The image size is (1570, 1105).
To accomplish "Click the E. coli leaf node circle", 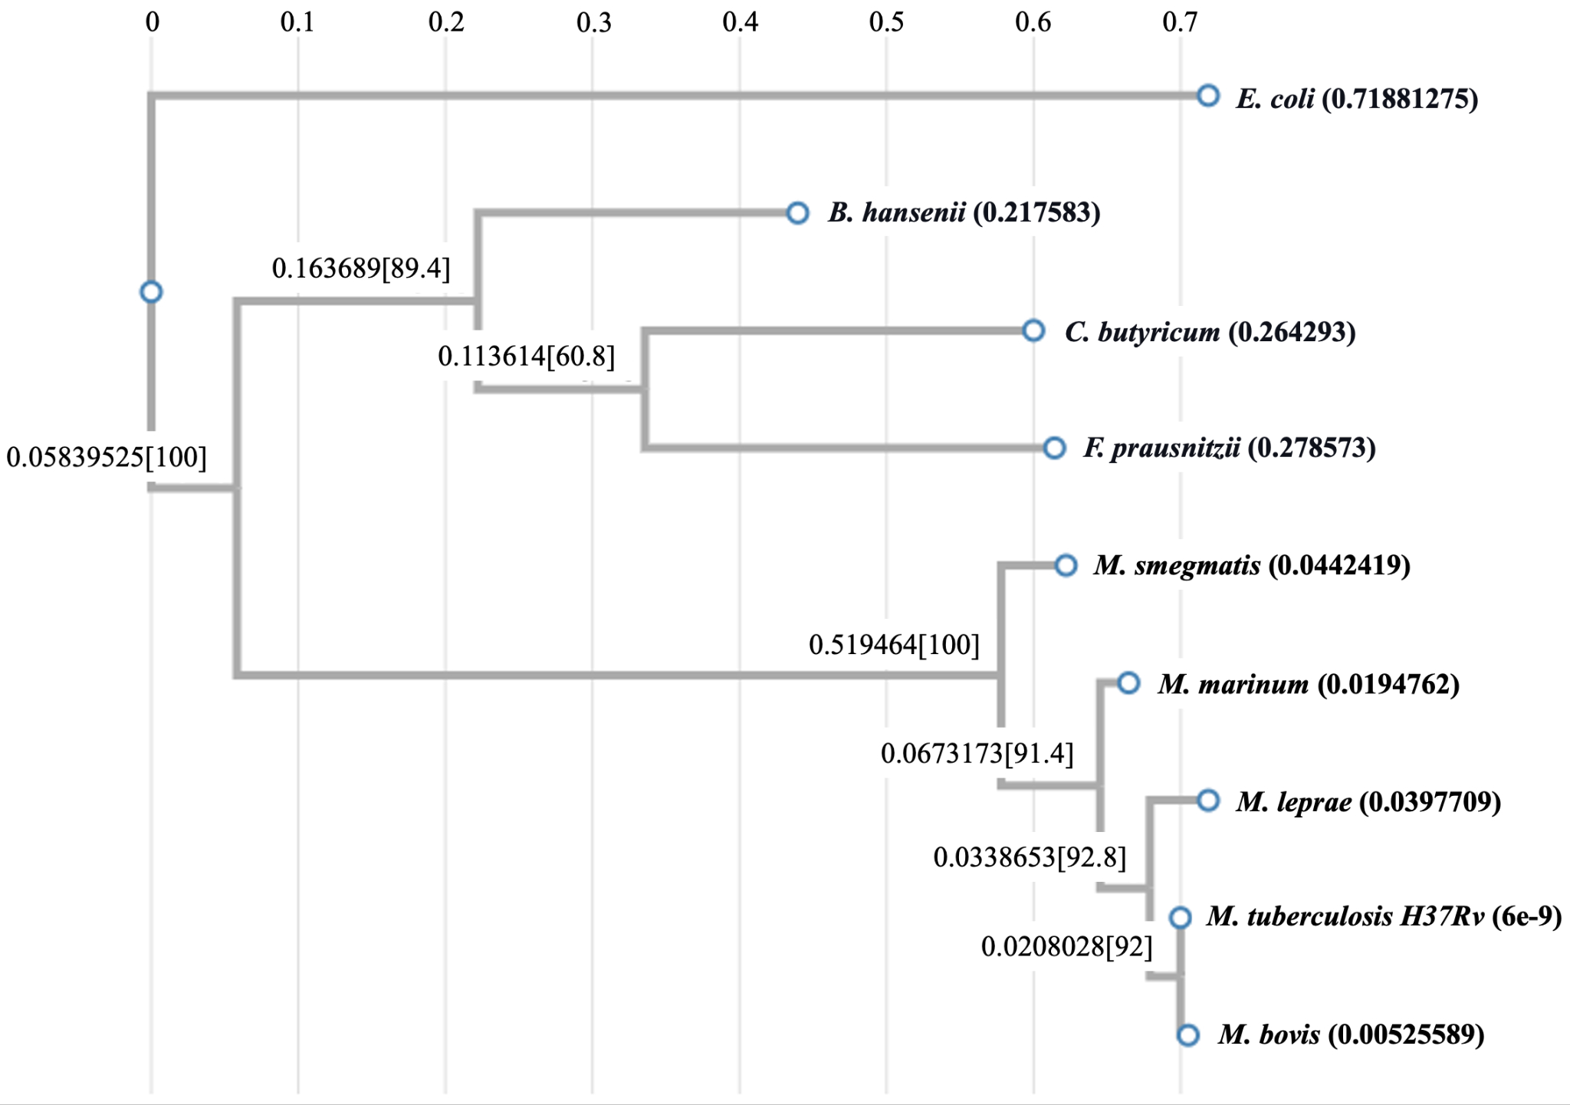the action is tap(1208, 96).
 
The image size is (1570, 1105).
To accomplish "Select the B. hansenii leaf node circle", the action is tap(797, 212).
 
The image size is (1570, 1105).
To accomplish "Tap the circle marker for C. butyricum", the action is tap(1033, 331).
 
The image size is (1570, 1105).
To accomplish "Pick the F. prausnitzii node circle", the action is tap(1054, 448).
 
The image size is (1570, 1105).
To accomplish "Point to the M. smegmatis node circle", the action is tap(1066, 566).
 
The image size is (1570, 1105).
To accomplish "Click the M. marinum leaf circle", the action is tap(1128, 682).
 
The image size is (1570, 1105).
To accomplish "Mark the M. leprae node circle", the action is tap(1208, 801).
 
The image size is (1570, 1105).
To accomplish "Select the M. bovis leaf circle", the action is tap(1187, 1035).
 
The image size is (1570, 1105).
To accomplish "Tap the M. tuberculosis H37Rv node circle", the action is tap(1180, 917).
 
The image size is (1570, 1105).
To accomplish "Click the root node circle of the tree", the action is tap(151, 292).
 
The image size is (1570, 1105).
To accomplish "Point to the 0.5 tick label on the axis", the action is tap(887, 22).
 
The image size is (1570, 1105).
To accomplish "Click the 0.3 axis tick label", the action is tap(593, 22).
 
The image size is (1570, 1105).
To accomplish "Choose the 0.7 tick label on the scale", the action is tap(1180, 22).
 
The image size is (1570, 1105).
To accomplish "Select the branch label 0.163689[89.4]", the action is tap(361, 268).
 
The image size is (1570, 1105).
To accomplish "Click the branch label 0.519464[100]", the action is tap(895, 645).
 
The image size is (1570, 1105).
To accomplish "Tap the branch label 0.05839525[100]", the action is tap(107, 458).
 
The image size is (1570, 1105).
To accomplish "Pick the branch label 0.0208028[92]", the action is tap(1067, 947).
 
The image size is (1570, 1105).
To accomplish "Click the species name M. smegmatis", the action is tap(1177, 566).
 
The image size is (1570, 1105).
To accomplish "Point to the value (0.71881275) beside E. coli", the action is tap(1400, 99).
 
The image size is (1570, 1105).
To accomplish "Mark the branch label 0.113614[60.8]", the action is tap(527, 357).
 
